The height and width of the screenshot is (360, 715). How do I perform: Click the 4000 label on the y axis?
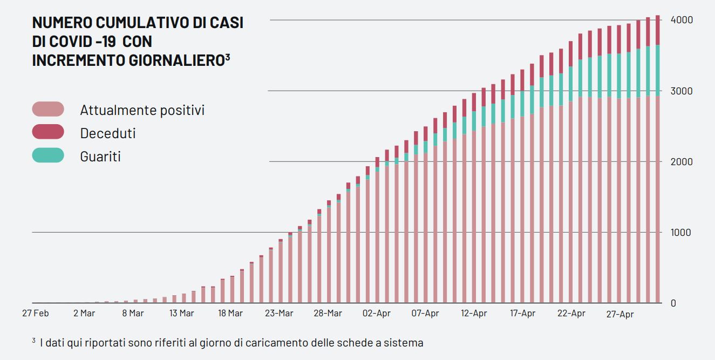pyautogui.click(x=682, y=20)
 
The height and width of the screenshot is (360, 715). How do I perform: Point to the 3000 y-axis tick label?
pyautogui.click(x=682, y=91)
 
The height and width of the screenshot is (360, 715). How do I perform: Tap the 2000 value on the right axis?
pyautogui.click(x=682, y=162)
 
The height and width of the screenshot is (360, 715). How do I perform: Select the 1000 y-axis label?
pyautogui.click(x=682, y=233)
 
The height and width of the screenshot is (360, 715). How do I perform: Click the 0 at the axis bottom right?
pyautogui.click(x=673, y=303)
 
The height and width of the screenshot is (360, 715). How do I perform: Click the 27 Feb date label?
pyautogui.click(x=35, y=314)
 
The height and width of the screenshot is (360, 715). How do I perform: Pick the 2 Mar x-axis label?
pyautogui.click(x=84, y=314)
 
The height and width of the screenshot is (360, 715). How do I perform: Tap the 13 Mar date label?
pyautogui.click(x=181, y=314)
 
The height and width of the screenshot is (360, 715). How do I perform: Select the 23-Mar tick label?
pyautogui.click(x=279, y=314)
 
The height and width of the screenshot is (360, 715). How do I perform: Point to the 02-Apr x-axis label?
pyautogui.click(x=377, y=314)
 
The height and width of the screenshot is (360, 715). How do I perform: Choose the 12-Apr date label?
pyautogui.click(x=474, y=314)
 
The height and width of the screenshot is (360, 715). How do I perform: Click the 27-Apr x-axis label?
pyautogui.click(x=620, y=314)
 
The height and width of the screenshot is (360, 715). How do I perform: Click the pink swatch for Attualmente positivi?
pyautogui.click(x=48, y=109)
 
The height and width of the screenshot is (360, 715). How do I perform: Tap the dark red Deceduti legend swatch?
pyautogui.click(x=48, y=132)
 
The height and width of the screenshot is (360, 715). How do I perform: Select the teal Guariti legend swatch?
pyautogui.click(x=48, y=155)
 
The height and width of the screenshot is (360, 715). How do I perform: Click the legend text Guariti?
pyautogui.click(x=100, y=157)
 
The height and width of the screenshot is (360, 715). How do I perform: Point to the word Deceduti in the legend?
pyautogui.click(x=108, y=133)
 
